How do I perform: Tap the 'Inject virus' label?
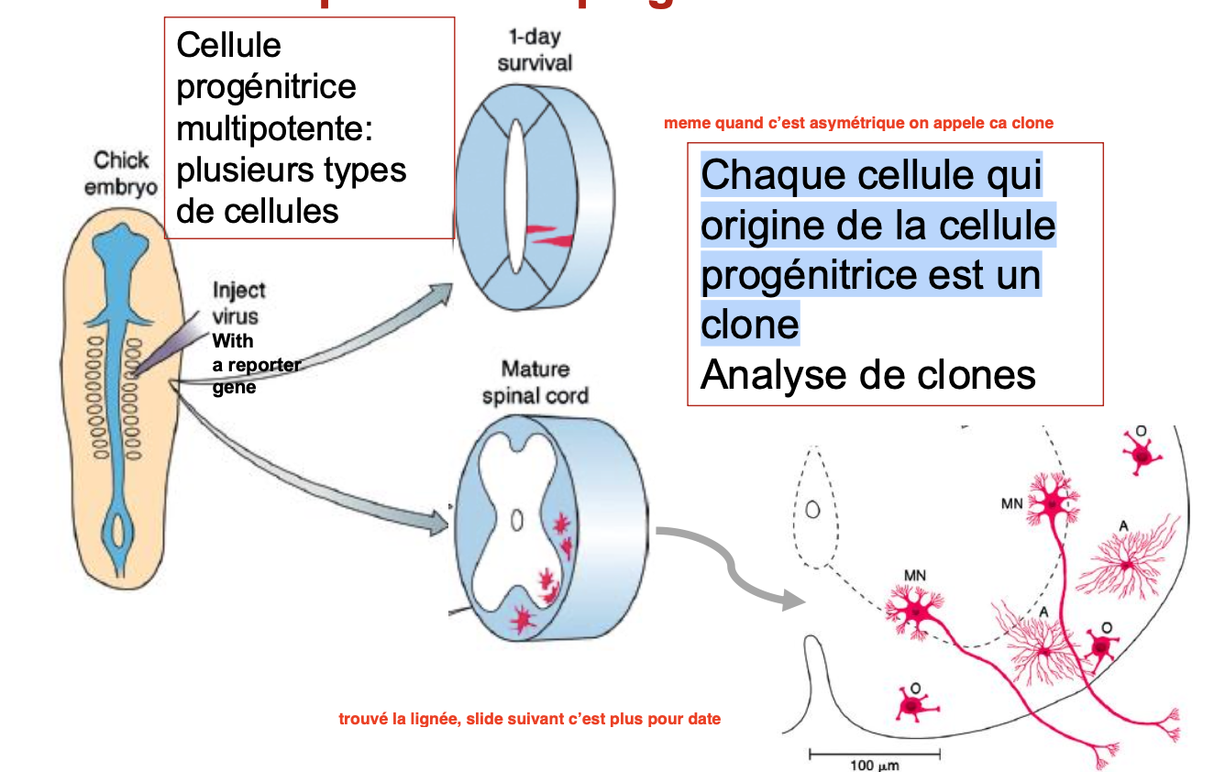[238, 303]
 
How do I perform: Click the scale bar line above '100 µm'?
[875, 754]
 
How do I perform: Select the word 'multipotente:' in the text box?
[274, 128]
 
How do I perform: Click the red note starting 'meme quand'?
[858, 123]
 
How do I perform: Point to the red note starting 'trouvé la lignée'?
[529, 719]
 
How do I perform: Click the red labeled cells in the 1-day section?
[549, 236]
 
